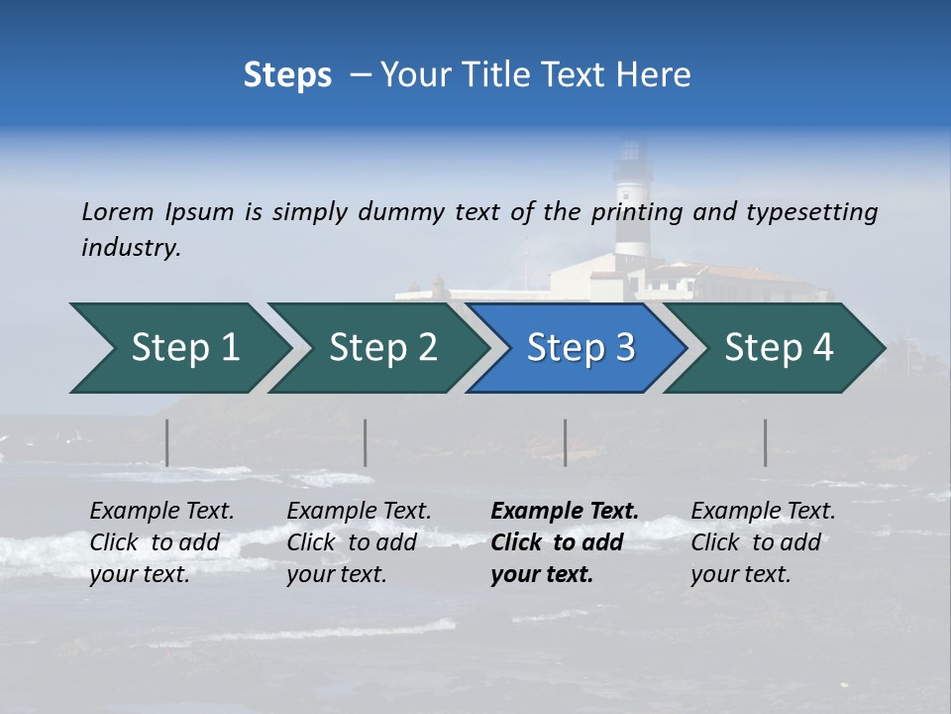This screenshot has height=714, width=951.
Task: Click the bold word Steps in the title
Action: tap(287, 75)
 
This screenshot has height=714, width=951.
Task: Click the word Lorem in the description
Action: tap(118, 212)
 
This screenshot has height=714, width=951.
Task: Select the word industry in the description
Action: tap(131, 248)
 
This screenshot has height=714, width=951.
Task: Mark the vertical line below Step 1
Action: tap(166, 442)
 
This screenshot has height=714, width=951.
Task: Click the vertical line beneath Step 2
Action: tap(366, 442)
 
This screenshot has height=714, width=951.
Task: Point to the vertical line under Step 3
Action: tap(566, 442)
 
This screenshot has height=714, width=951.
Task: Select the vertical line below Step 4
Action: tap(766, 442)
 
